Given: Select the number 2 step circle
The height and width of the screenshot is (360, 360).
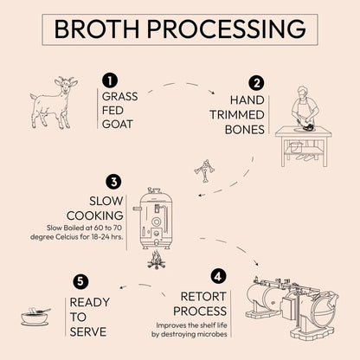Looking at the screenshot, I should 256,83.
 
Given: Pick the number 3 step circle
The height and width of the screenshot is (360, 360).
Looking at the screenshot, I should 112,182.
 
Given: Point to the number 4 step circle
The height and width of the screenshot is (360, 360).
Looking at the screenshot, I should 218,277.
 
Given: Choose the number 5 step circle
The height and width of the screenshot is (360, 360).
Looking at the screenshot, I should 80,281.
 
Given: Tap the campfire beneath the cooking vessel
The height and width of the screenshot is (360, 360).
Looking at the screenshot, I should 157,259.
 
